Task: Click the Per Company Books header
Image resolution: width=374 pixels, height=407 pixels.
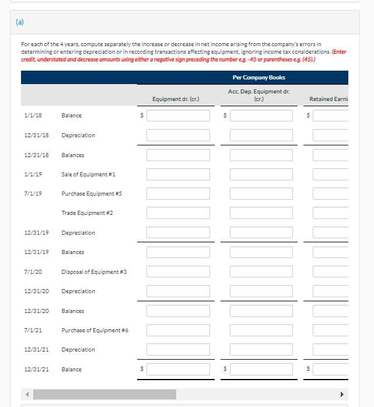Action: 258,78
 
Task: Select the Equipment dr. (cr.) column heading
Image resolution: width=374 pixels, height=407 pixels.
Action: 176,99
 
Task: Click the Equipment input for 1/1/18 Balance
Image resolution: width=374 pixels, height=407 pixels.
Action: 178,116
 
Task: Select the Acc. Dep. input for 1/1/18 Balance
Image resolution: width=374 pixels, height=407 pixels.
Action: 261,116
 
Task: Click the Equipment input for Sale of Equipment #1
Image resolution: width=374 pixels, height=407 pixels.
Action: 178,175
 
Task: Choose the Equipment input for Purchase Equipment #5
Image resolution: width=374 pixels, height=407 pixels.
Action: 178,194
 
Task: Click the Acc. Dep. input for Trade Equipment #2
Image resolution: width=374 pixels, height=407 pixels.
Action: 261,213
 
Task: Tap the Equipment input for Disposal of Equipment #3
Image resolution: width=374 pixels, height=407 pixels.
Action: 178,272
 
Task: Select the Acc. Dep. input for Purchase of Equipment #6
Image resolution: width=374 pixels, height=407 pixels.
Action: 261,331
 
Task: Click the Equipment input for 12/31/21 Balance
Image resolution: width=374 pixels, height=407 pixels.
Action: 178,370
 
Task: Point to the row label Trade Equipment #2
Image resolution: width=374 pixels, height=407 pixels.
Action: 87,213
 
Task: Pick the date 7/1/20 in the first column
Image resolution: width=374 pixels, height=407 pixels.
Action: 33,272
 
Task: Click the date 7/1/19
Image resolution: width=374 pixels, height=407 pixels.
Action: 33,194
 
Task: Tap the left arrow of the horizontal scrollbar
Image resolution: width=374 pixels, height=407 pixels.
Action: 27,394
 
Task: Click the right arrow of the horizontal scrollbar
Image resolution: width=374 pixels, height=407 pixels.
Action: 342,394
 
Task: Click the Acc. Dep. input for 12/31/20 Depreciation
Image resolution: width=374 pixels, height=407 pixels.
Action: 261,291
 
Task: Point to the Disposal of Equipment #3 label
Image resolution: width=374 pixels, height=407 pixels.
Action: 94,272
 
